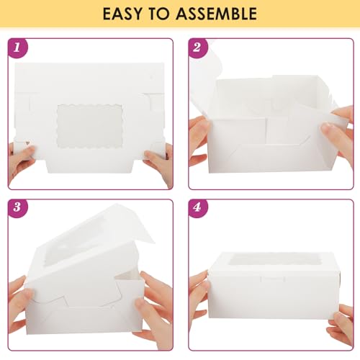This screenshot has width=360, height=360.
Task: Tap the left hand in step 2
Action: point(199,137)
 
